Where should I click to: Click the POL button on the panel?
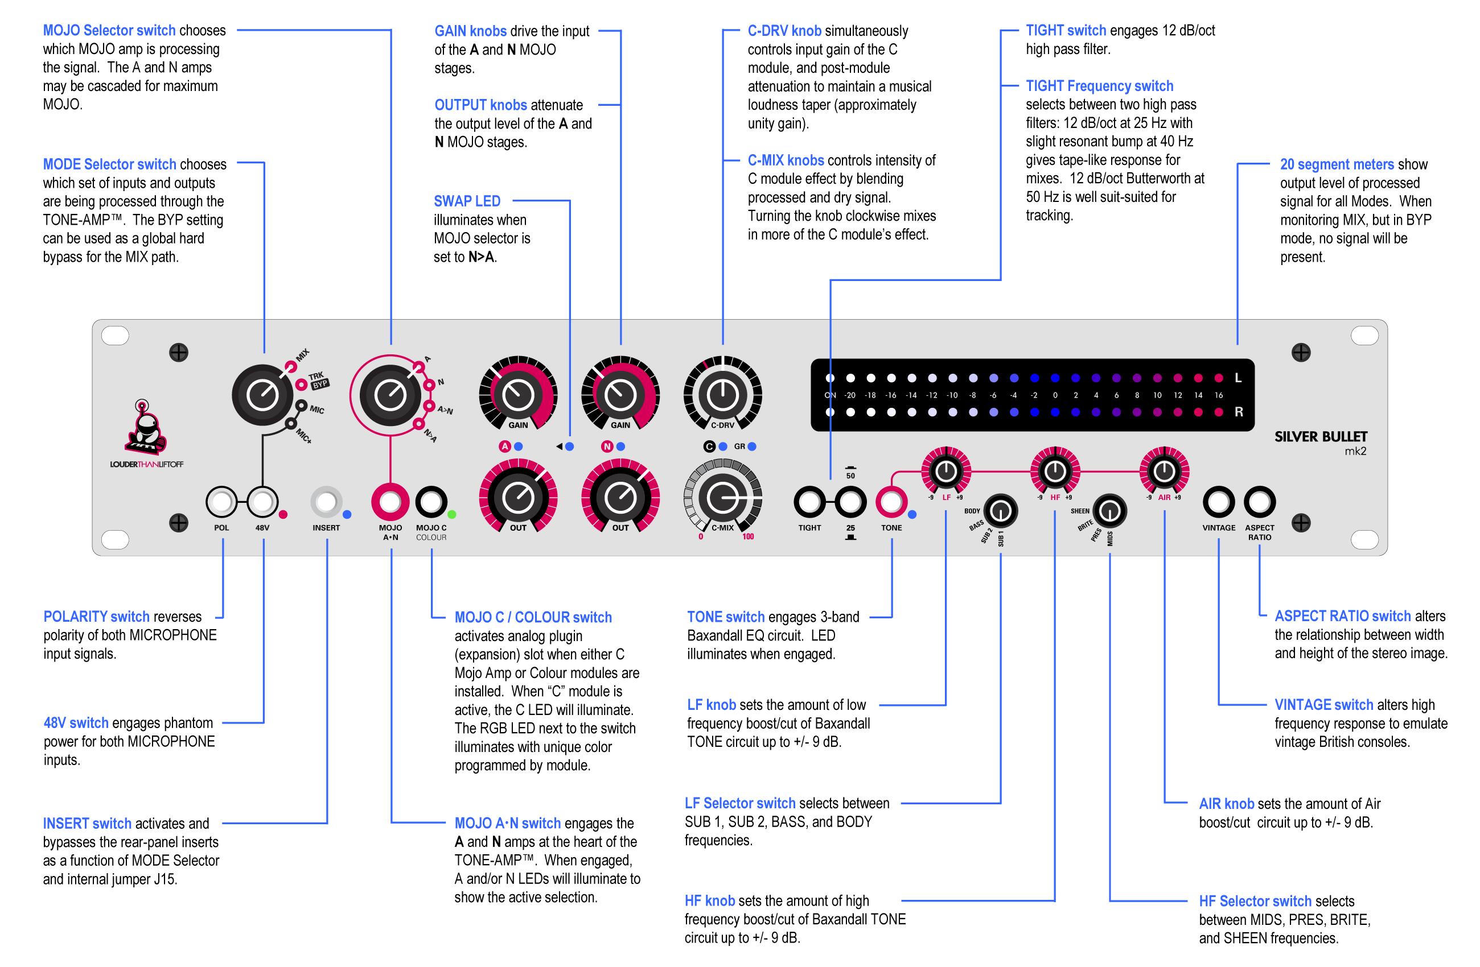221,502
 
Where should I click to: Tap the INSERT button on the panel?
327,502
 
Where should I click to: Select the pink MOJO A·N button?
390,502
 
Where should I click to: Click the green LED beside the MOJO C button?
452,515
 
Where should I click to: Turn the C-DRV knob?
722,395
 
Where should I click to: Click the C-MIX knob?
722,497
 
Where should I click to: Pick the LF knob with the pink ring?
946,472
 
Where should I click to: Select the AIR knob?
1164,472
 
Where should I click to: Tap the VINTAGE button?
1219,502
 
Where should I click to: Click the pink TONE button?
891,502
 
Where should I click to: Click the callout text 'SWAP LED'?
467,201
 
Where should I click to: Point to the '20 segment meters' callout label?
1337,165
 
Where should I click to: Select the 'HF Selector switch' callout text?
1255,901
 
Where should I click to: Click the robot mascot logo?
147,429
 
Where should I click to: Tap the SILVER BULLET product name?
1320,437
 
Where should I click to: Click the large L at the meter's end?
1238,378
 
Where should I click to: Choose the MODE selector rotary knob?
262,395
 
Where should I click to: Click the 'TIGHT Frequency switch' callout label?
1099,86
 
